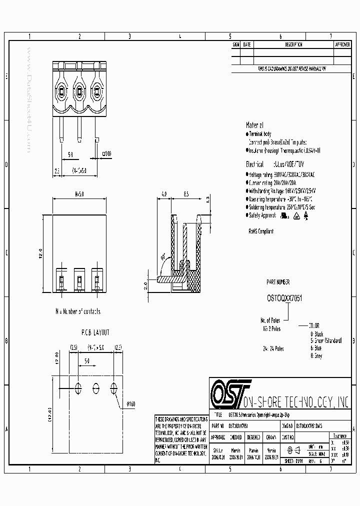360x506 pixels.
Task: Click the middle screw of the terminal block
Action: [x=78, y=91]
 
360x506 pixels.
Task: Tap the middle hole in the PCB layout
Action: [x=96, y=386]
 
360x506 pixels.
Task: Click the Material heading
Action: [x=254, y=125]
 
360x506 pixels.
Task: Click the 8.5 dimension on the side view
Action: [x=185, y=193]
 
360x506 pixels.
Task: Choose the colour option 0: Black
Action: [x=317, y=333]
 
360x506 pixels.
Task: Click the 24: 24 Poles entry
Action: [x=273, y=348]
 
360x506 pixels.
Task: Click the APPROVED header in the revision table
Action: [x=342, y=44]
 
